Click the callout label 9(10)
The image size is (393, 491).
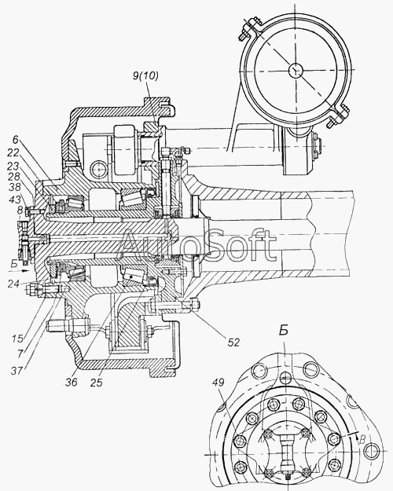click(x=145, y=76)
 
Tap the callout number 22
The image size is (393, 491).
click(x=13, y=152)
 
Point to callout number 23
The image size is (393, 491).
click(x=13, y=166)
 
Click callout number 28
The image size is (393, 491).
click(x=15, y=176)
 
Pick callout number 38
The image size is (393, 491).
click(x=15, y=187)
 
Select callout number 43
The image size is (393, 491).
click(x=15, y=200)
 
